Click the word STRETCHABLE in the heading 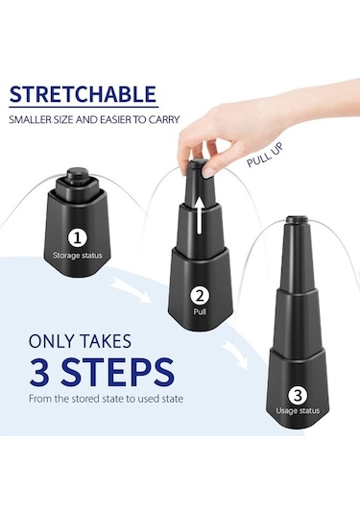click(x=83, y=94)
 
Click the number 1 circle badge click(x=78, y=238)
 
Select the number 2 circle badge click(x=200, y=296)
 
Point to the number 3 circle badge click(x=298, y=395)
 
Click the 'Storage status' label click(x=78, y=256)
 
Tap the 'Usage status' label click(x=298, y=411)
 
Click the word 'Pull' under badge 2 click(x=200, y=311)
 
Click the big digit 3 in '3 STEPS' click(x=39, y=372)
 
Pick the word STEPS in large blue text click(x=116, y=372)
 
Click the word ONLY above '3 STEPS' click(x=52, y=341)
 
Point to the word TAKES click(x=106, y=341)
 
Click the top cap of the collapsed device click(x=78, y=176)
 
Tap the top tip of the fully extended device click(x=297, y=219)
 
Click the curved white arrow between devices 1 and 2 click(x=131, y=289)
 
